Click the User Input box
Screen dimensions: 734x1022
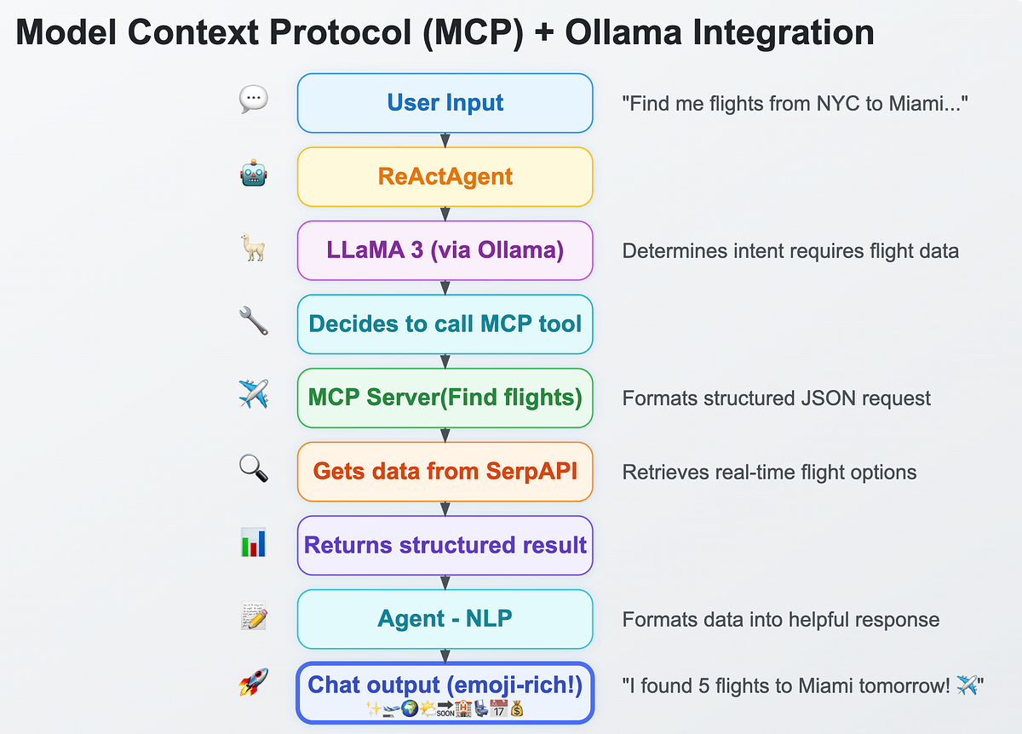click(445, 103)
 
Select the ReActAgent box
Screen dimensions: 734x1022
click(445, 177)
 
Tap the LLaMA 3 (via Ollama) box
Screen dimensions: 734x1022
click(445, 250)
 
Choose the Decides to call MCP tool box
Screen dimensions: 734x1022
click(445, 324)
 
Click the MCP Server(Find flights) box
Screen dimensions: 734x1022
click(445, 398)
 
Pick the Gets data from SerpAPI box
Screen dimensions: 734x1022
click(445, 471)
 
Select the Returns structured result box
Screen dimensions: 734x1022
click(445, 545)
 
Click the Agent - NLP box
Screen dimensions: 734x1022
click(445, 619)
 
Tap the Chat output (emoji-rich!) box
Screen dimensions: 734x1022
click(445, 692)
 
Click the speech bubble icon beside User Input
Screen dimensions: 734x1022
click(254, 100)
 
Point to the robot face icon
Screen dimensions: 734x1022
click(254, 175)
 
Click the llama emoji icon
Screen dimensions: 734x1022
click(254, 249)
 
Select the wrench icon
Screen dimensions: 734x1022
click(254, 322)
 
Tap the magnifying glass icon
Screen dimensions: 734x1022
click(254, 469)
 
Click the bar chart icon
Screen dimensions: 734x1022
click(254, 542)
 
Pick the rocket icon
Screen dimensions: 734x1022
click(254, 682)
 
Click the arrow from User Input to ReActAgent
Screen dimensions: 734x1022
click(445, 140)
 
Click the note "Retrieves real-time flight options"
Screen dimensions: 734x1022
click(769, 472)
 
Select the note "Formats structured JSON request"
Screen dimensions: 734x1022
click(776, 399)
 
